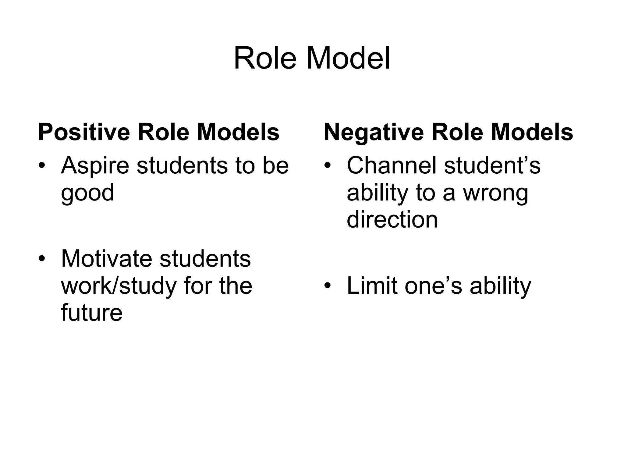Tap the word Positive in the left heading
[x=84, y=132]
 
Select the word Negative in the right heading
[x=374, y=132]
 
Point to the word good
[x=87, y=193]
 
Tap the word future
[x=91, y=313]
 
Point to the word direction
[x=392, y=219]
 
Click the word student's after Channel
[x=492, y=165]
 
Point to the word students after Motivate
[x=205, y=259]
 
